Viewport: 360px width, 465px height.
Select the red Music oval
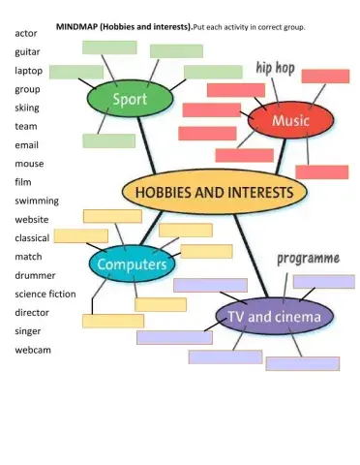pyautogui.click(x=290, y=121)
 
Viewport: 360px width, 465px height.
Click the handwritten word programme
pyautogui.click(x=308, y=259)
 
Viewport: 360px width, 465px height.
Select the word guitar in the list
pyautogui.click(x=27, y=51)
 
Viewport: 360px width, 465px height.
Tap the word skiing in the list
pyautogui.click(x=27, y=108)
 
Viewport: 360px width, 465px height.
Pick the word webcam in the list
pyautogui.click(x=32, y=350)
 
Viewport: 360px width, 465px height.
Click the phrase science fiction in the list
pyautogui.click(x=45, y=294)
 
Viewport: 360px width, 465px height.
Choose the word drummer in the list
pyautogui.click(x=35, y=275)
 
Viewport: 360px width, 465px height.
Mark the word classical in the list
pyautogui.click(x=34, y=238)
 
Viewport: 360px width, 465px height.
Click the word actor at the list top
pyautogui.click(x=25, y=33)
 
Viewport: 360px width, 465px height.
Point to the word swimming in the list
pyautogui.click(x=37, y=201)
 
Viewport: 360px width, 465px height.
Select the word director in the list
pyautogui.click(x=32, y=313)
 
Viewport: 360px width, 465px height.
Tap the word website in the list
pyautogui.click(x=32, y=219)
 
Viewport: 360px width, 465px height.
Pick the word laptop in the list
pyautogui.click(x=27, y=71)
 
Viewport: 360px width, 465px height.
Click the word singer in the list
pyautogui.click(x=28, y=331)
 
